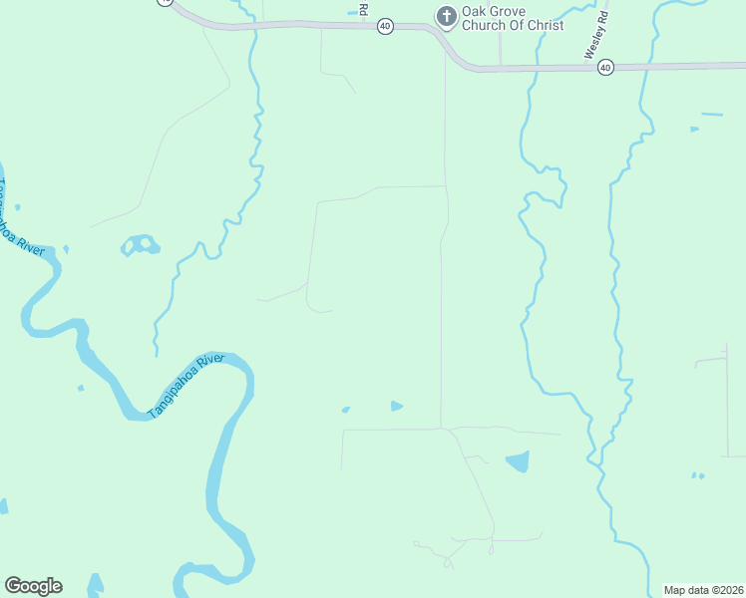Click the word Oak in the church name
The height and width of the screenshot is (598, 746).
(475, 11)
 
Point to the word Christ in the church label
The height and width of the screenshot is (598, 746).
(544, 25)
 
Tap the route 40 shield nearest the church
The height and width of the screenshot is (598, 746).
(385, 27)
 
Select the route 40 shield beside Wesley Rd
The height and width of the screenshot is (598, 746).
(605, 68)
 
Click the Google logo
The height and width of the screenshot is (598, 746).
(33, 586)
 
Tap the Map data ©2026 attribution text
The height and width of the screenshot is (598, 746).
(703, 590)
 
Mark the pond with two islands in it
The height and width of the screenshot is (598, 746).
(140, 244)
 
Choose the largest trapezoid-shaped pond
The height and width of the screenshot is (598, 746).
(518, 461)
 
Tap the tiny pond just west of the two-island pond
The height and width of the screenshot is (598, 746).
(66, 248)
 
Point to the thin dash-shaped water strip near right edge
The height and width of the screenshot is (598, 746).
(711, 115)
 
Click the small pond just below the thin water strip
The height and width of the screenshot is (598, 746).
(695, 130)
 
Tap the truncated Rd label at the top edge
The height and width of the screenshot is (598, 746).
(364, 9)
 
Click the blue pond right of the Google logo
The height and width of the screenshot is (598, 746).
(96, 584)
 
